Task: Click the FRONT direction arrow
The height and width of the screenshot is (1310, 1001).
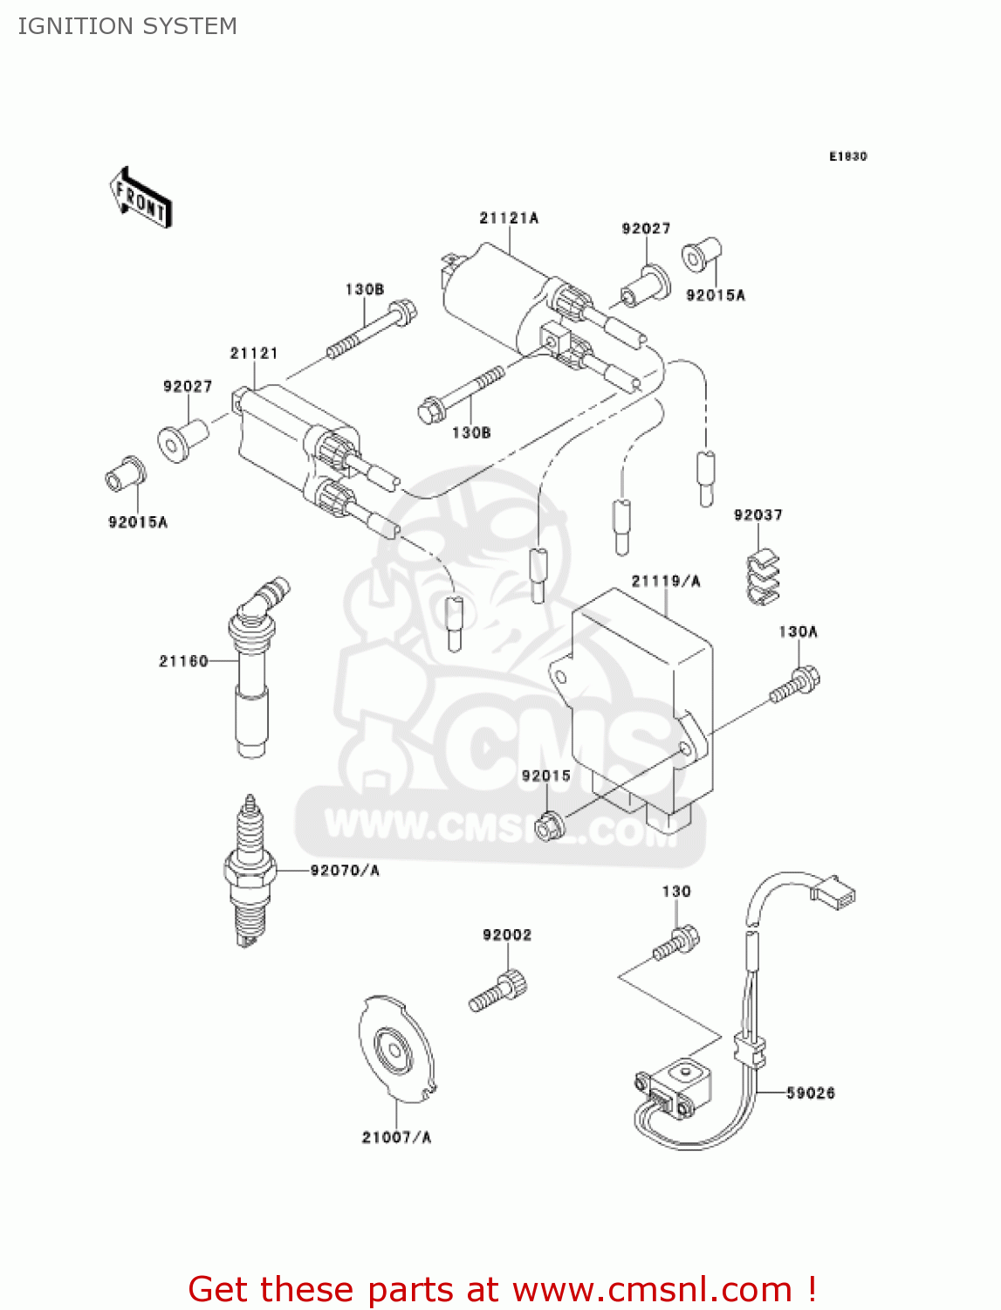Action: pos(141,198)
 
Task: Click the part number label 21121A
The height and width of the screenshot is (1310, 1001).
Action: pos(509,218)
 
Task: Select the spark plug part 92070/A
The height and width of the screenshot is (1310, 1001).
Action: pos(250,872)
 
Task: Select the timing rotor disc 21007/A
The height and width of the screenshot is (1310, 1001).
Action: pos(395,1049)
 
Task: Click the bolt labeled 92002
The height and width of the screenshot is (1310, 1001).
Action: pos(499,994)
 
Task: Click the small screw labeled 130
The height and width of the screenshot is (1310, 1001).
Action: pos(676,944)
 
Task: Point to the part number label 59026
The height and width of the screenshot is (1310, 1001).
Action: pos(810,1093)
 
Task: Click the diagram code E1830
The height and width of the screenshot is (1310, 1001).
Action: pos(847,156)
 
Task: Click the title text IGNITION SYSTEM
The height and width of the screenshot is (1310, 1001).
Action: pos(127,26)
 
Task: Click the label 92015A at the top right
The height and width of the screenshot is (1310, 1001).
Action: pos(715,295)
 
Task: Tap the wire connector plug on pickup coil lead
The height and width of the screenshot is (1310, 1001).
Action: pos(833,890)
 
